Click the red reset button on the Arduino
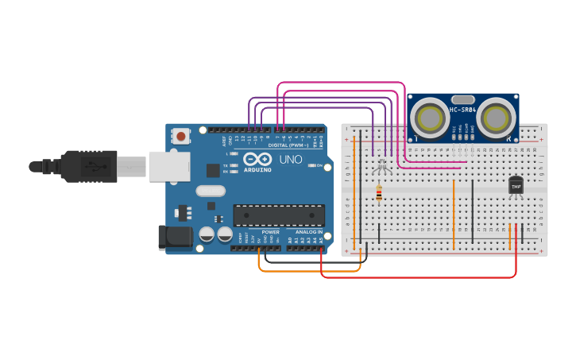click(182, 137)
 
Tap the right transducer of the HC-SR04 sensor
click(496, 118)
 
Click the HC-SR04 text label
click(463, 110)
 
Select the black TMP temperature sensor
click(516, 185)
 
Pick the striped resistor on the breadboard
click(378, 192)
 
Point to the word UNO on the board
click(291, 159)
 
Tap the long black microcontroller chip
click(279, 215)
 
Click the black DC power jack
click(175, 238)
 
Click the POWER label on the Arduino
click(270, 232)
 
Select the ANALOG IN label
click(309, 232)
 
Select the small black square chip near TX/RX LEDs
click(213, 170)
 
